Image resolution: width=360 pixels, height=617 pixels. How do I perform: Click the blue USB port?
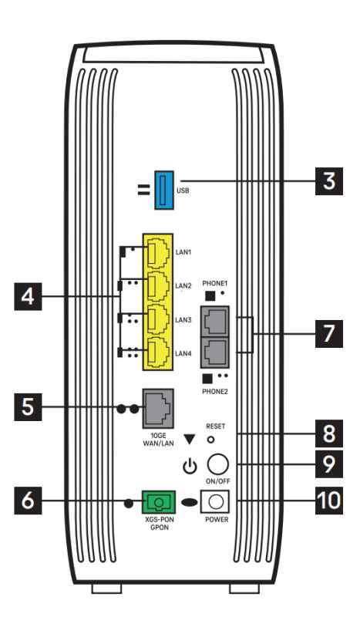pos(163,190)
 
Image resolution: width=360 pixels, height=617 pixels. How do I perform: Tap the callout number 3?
pos(329,181)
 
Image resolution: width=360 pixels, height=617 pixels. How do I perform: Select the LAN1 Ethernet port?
pos(157,251)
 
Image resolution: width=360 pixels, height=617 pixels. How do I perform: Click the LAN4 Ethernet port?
pos(157,352)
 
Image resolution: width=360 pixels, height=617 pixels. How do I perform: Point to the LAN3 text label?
pos(183,320)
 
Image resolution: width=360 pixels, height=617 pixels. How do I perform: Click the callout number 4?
pos(28,296)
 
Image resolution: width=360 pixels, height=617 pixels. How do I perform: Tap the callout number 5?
pos(28,407)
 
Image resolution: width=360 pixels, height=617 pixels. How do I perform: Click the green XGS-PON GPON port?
pos(159,502)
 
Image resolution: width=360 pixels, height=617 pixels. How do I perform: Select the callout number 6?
pos(28,500)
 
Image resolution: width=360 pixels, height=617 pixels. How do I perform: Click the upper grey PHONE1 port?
pos(215,321)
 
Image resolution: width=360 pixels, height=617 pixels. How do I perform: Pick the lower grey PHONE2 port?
pos(215,352)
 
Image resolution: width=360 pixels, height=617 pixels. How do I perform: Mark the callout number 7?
pos(329,333)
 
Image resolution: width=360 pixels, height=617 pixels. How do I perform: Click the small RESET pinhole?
pos(211,439)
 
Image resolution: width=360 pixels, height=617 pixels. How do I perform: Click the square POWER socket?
pos(215,501)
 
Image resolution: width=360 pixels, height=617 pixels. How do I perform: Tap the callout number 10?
pos(329,500)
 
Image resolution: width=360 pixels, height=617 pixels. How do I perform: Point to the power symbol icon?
pos(190,467)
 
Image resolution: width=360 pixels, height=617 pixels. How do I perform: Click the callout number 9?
pos(329,464)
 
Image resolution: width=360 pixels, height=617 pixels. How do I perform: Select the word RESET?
pos(216,427)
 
